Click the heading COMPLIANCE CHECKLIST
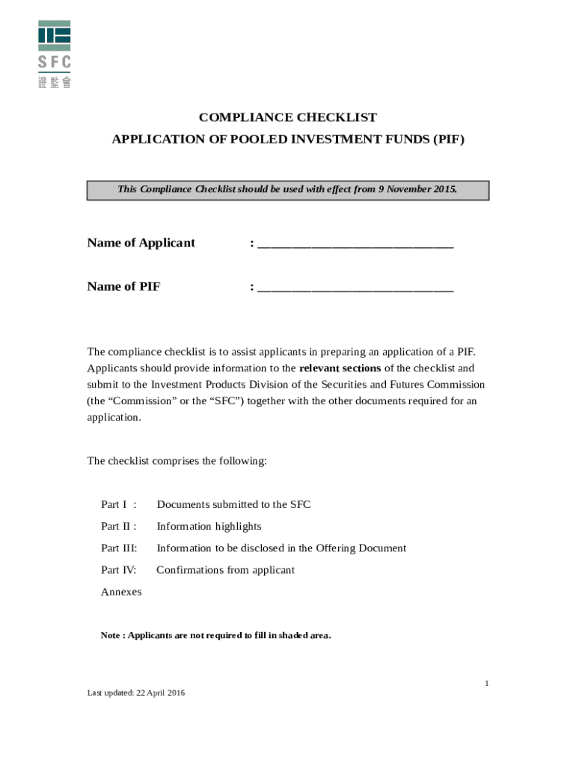(287, 118)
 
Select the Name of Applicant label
(141, 243)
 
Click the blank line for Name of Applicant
(355, 244)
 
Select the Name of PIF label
(123, 287)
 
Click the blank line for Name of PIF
(355, 288)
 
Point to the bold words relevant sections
(340, 368)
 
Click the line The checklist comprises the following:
(177, 461)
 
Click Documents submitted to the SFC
(233, 505)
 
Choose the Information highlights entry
(209, 527)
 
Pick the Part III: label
(119, 548)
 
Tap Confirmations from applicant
(225, 570)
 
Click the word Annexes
(121, 592)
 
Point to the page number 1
(486, 683)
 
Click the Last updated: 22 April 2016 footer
(136, 693)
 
